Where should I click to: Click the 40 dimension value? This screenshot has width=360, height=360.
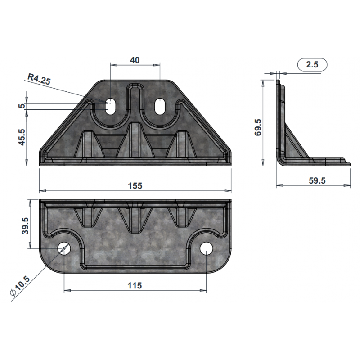click(135, 60)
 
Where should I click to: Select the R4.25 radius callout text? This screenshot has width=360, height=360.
click(39, 79)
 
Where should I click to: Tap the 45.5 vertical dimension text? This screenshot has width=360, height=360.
click(22, 137)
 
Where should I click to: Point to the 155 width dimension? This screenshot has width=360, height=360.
click(135, 185)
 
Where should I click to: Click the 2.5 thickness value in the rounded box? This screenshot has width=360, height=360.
click(312, 64)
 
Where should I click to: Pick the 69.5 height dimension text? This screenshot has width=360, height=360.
click(258, 127)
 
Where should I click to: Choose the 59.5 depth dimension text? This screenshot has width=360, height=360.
click(317, 180)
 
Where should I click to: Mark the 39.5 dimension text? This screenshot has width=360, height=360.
click(25, 226)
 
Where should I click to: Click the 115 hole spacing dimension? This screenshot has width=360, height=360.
click(135, 286)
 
